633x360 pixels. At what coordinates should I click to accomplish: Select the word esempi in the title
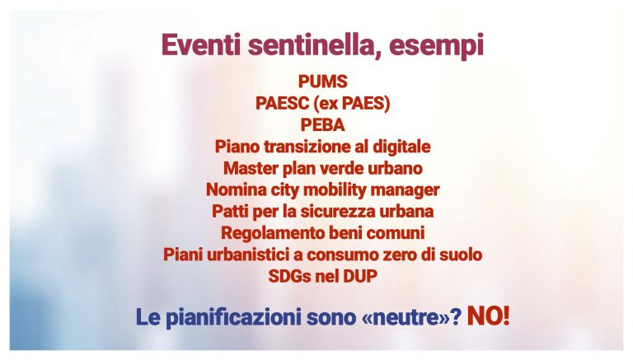point(436,46)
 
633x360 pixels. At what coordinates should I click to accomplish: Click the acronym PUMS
point(322,82)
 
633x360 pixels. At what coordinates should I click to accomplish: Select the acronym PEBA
point(322,125)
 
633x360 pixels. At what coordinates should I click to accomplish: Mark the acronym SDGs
point(289,277)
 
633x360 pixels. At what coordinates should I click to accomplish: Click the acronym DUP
point(360,277)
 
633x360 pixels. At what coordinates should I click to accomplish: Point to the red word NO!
point(488,316)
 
